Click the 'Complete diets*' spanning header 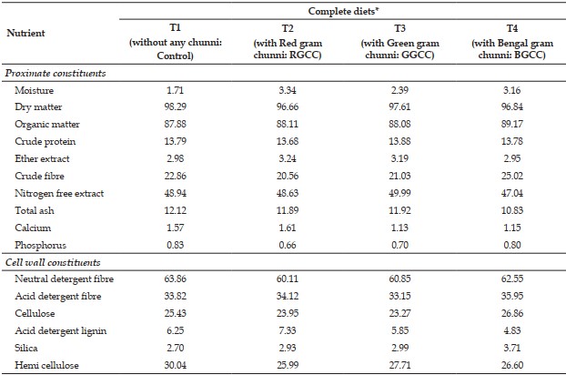point(343,11)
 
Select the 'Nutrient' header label point(25,33)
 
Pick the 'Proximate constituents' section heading point(56,73)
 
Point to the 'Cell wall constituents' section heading point(53,262)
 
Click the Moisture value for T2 point(288,90)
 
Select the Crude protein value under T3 point(399,141)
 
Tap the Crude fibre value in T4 point(511,176)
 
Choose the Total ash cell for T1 point(176,210)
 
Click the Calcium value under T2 point(288,228)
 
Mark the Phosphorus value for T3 point(399,245)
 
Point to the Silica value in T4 point(511,348)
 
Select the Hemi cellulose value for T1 point(176,365)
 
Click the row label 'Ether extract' point(42,158)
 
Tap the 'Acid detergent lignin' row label point(61,330)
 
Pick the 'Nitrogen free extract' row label point(59,194)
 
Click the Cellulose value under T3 point(399,313)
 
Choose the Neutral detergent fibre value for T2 point(288,279)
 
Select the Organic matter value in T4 point(511,124)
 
